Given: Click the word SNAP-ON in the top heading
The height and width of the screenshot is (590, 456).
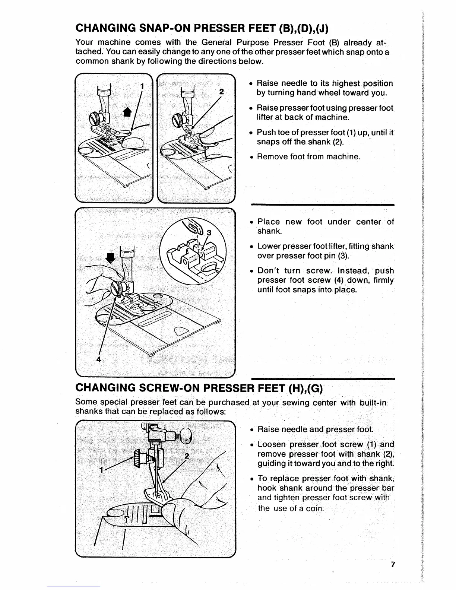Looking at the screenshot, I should (149, 28).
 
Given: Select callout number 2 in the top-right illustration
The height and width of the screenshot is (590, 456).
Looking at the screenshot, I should (221, 92).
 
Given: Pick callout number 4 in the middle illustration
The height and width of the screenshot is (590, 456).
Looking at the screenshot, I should (99, 359).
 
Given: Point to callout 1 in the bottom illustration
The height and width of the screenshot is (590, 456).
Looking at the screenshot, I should (101, 470).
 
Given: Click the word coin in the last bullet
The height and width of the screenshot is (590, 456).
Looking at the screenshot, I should (314, 508).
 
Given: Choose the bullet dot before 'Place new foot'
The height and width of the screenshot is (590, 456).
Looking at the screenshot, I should (252, 222).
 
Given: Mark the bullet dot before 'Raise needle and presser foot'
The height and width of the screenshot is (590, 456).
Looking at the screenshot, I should (252, 429).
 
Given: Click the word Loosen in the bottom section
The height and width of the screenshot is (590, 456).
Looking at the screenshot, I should (272, 444).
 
